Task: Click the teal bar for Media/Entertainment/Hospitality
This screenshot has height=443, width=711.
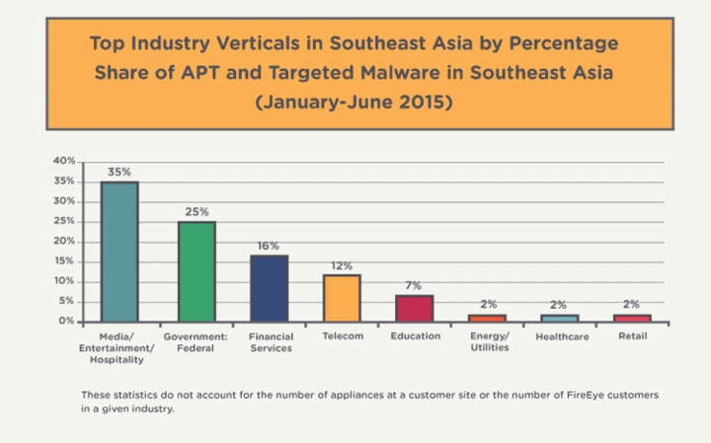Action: [x=119, y=252]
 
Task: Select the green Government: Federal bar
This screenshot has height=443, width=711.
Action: [x=197, y=271]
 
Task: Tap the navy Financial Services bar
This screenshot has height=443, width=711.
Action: [x=269, y=288]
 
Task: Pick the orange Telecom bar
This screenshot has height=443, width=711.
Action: [x=341, y=298]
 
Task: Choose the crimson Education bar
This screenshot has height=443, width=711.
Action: [x=414, y=308]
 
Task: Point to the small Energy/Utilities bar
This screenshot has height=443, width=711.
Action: [x=487, y=318]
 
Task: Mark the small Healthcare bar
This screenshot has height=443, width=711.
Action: [x=560, y=318]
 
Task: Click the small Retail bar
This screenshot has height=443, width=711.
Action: [x=633, y=318]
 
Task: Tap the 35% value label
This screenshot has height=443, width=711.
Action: [x=119, y=171]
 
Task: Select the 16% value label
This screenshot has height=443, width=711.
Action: [x=269, y=245]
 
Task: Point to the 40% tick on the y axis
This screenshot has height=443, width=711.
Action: [x=64, y=161]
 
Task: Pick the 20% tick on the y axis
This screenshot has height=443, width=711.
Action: [x=64, y=241]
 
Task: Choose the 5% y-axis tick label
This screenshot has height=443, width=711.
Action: [x=66, y=301]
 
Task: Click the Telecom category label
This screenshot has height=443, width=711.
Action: [x=341, y=336]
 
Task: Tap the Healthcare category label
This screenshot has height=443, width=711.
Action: [x=560, y=336]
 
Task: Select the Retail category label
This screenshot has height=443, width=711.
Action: [x=633, y=336]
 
